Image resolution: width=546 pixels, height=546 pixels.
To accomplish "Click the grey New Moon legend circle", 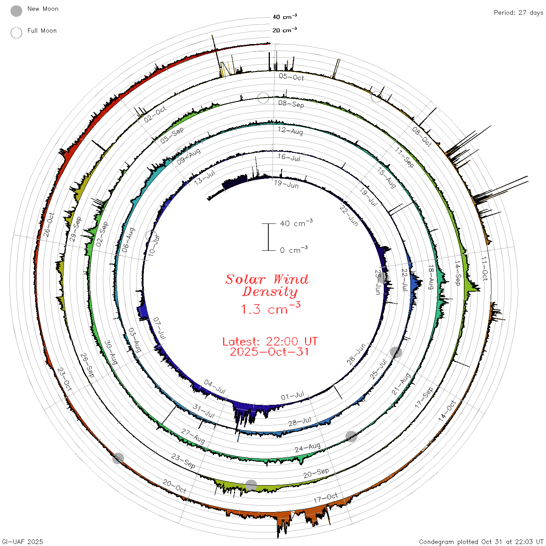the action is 16,11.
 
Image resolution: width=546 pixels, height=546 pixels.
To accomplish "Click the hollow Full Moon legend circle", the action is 16,33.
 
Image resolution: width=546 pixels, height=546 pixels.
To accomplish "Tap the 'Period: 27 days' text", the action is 518,13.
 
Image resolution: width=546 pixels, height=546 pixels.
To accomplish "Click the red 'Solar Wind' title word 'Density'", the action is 270,292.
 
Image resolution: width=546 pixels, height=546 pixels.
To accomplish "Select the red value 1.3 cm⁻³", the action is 271,308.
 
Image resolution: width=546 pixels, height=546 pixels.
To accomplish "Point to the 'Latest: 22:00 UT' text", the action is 270,341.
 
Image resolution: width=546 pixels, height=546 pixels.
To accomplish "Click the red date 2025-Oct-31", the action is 269,352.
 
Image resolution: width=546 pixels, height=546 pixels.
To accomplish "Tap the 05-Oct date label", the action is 291,77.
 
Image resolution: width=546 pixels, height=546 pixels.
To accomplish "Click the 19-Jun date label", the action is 286,184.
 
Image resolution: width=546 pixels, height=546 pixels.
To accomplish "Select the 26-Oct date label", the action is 48,225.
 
